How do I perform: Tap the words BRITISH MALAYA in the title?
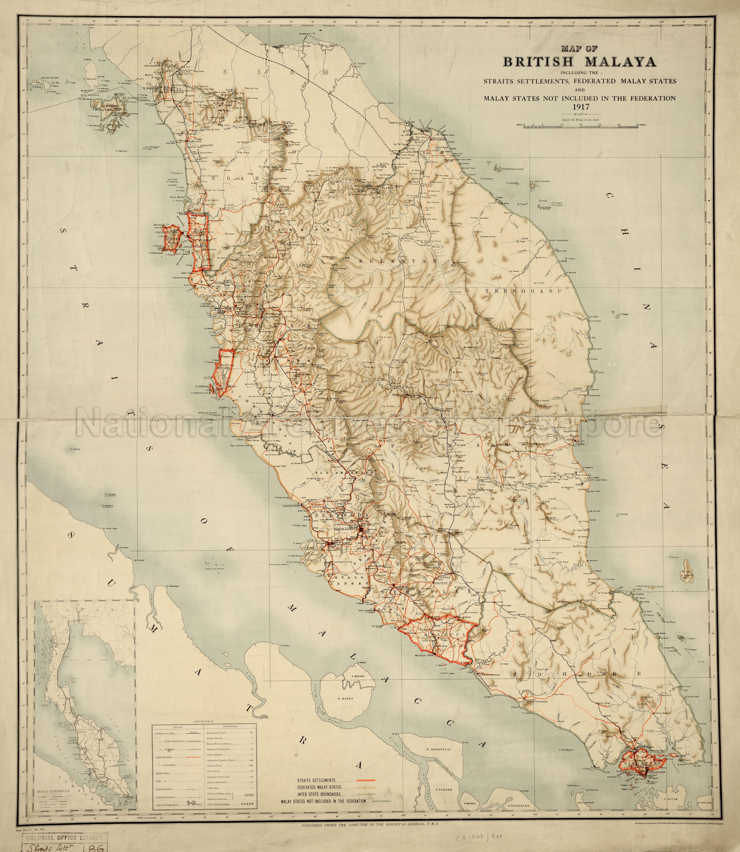point(579,62)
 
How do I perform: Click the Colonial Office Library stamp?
point(60,835)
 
